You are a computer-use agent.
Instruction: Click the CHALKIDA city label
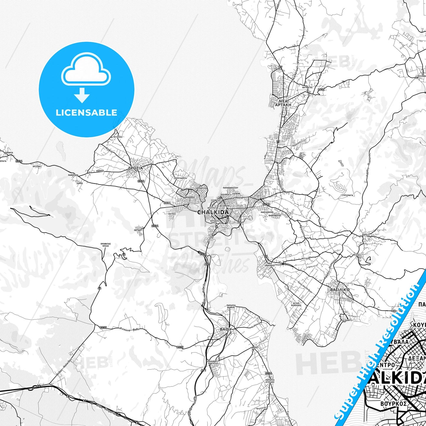pyautogui.click(x=213, y=212)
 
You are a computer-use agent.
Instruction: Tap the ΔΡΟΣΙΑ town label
pyautogui.click(x=135, y=168)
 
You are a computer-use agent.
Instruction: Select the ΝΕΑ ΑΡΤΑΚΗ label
pyautogui.click(x=283, y=103)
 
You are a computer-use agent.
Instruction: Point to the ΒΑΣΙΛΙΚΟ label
pyautogui.click(x=340, y=290)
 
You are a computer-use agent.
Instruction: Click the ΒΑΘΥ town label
pyautogui.click(x=226, y=329)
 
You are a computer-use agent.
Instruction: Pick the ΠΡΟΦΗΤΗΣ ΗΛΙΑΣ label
pyautogui.click(x=105, y=245)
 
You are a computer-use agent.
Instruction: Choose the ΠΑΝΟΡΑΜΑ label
pyautogui.click(x=73, y=175)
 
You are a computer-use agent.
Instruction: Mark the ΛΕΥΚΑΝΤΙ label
pyautogui.click(x=347, y=320)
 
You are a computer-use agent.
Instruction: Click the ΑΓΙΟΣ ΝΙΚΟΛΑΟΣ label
pyautogui.click(x=296, y=304)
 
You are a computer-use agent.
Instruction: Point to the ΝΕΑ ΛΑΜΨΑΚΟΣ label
pyautogui.click(x=269, y=264)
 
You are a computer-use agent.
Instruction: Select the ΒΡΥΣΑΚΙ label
pyautogui.click(x=37, y=166)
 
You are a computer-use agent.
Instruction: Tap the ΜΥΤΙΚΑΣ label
pyautogui.click(x=306, y=258)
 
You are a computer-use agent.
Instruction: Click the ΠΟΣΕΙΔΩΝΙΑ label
pyautogui.click(x=180, y=178)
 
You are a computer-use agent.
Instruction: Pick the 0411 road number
pyautogui.click(x=321, y=90)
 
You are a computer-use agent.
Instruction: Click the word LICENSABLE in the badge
pyautogui.click(x=86, y=113)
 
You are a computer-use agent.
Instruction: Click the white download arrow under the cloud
pyautogui.click(x=82, y=95)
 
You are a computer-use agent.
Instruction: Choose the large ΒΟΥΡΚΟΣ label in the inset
pyautogui.click(x=394, y=404)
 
